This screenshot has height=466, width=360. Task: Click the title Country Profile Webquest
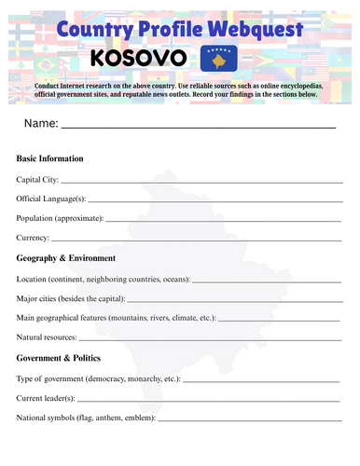point(179,30)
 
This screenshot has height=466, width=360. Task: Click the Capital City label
point(37,179)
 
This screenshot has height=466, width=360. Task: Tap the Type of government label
point(98,379)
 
